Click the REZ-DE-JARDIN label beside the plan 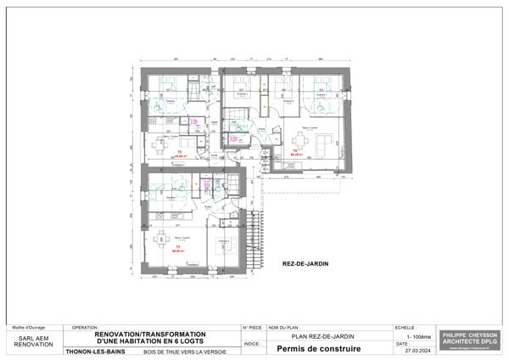tap(305, 264)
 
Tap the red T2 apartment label tap(179, 153)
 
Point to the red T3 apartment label tap(178, 247)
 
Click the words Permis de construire tap(313, 348)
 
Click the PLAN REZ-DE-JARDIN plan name tap(317, 336)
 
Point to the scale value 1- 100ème tap(418, 336)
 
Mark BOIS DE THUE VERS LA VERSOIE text tap(184, 349)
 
